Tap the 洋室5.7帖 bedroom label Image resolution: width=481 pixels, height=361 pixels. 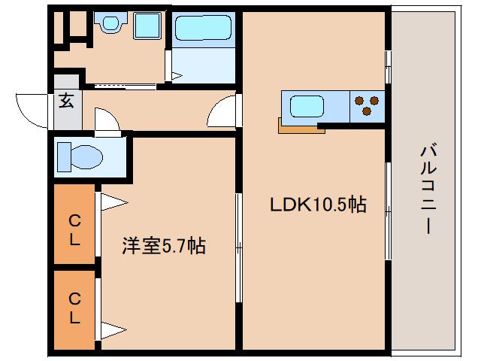pos(165,245)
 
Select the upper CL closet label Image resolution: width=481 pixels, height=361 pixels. pos(74,230)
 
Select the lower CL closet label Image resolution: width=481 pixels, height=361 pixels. pos(74,309)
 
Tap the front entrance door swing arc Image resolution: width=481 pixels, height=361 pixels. pos(30,109)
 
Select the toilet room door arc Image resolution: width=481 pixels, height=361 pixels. pos(105,120)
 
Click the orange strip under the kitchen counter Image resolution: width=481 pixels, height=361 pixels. pos(301,129)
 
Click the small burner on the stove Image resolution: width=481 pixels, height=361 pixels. pos(358,98)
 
